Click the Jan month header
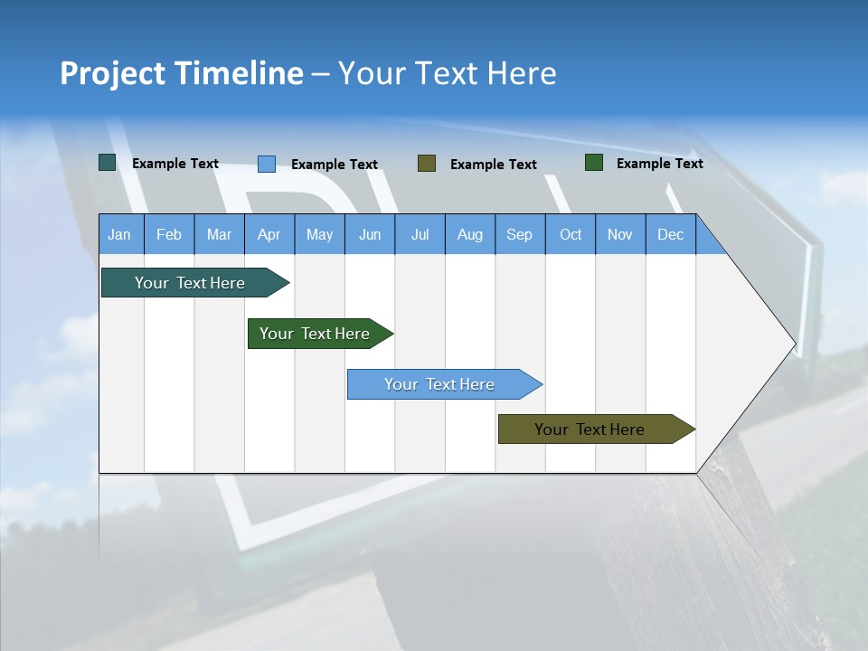pyautogui.click(x=120, y=234)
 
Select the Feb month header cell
pyautogui.click(x=169, y=234)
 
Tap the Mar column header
pyautogui.click(x=219, y=234)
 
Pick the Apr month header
pyautogui.click(x=269, y=234)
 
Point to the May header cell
pyautogui.click(x=319, y=234)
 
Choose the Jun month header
pyautogui.click(x=370, y=234)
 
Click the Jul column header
pyautogui.click(x=420, y=234)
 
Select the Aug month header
pyautogui.click(x=470, y=234)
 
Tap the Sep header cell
pyautogui.click(x=520, y=234)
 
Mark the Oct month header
pyautogui.click(x=571, y=234)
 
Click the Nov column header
pyautogui.click(x=620, y=234)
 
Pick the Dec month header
pyautogui.click(x=671, y=234)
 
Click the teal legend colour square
pyautogui.click(x=108, y=163)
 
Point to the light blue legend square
pyautogui.click(x=267, y=164)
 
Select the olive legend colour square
pyautogui.click(x=427, y=163)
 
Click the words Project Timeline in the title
pyautogui.click(x=182, y=73)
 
